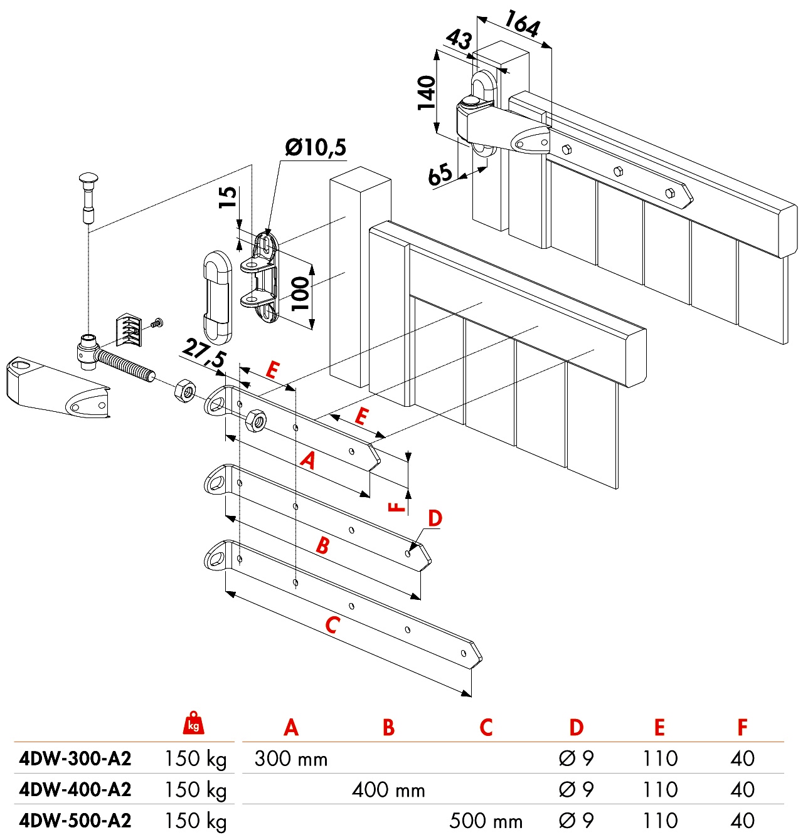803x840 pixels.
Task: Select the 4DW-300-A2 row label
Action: click(75, 759)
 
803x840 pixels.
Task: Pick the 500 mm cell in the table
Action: click(486, 821)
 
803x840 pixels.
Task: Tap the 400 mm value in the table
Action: click(388, 790)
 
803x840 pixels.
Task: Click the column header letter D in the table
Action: click(576, 728)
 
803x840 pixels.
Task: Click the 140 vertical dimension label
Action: click(427, 92)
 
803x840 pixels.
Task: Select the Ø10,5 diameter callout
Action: click(315, 147)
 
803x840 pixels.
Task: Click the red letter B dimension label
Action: click(322, 545)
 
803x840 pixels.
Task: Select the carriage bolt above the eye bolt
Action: click(87, 196)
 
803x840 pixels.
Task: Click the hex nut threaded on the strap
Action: click(255, 421)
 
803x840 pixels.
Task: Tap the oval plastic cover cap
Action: click(217, 297)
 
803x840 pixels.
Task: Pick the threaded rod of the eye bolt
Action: click(125, 367)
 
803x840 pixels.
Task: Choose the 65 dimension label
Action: click(440, 174)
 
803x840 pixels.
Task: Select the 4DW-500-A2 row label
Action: click(75, 821)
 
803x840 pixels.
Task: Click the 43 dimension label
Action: click(459, 40)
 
